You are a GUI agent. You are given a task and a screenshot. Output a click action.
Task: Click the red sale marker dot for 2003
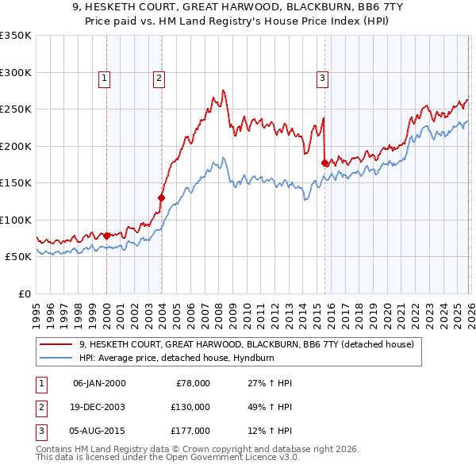[161, 198]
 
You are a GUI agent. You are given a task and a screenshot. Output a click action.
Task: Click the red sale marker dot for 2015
[324, 163]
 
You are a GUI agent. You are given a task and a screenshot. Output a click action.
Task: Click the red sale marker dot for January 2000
[106, 236]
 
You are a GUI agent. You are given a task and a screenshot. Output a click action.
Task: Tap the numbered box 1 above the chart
[105, 78]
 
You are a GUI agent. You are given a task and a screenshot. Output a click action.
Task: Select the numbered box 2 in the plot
[159, 78]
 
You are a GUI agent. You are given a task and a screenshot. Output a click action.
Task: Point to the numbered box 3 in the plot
[322, 78]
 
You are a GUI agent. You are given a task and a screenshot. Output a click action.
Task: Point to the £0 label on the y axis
[23, 293]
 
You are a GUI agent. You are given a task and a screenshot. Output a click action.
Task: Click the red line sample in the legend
[56, 345]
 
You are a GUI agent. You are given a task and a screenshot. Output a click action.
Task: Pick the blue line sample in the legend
[56, 358]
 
